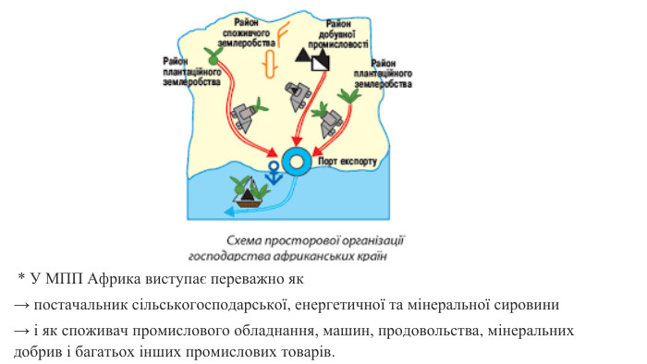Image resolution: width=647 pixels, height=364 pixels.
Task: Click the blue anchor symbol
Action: coord(274,171)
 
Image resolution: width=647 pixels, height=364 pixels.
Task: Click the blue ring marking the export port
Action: coord(298,162)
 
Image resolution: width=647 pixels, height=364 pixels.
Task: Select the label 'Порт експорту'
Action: coord(348,162)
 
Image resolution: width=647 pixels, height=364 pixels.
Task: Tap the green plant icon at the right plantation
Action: coord(349,94)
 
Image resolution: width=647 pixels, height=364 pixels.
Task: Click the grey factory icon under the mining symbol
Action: coord(297,95)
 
